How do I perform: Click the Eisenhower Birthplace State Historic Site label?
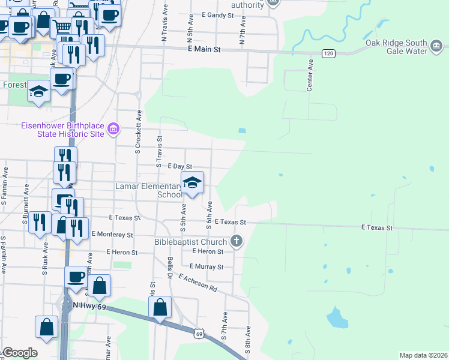coord(55,129)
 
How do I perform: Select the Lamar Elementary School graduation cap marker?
coord(192,183)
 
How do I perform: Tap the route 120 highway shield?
coord(328,53)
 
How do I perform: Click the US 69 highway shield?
coord(199,332)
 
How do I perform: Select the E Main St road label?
coord(205,50)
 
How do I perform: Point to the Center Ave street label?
coord(310,75)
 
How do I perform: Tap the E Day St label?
coord(179,166)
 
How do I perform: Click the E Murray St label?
coord(206,266)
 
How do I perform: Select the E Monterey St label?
coord(112,235)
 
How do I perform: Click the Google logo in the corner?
coord(19,353)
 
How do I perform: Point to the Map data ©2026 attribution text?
coord(423,355)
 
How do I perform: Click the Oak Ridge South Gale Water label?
coord(396,47)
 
